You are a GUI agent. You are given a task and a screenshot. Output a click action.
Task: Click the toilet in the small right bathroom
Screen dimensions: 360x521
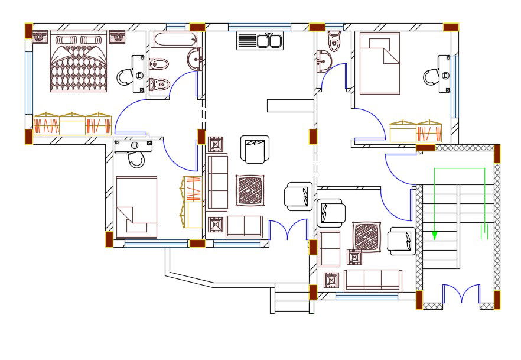[334, 41]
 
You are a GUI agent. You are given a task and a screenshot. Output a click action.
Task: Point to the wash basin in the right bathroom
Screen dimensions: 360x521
[324, 60]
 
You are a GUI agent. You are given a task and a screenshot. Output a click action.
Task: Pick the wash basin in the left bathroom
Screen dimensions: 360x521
[196, 59]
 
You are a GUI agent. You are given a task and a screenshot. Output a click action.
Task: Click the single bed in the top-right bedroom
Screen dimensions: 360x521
[378, 64]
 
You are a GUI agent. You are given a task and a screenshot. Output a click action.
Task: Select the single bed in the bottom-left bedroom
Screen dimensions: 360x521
[136, 207]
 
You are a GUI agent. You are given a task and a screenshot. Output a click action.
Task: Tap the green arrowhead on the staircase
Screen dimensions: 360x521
[434, 235]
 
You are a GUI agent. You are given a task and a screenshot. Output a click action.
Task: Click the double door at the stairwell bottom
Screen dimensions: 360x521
[461, 294]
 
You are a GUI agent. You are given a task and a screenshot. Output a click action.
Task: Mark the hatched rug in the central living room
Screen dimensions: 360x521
[252, 190]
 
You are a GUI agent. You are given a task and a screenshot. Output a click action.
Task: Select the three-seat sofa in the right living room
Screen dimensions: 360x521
[373, 280]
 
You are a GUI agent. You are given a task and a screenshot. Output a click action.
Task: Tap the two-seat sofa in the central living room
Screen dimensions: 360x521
[244, 226]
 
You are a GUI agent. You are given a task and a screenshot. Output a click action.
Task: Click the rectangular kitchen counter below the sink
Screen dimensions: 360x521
[289, 105]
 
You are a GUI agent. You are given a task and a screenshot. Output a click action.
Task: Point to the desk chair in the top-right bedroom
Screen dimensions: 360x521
[431, 76]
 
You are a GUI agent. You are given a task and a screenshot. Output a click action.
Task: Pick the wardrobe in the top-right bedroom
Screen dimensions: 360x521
[416, 131]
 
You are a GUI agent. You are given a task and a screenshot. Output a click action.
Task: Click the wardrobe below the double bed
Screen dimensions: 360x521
[73, 124]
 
